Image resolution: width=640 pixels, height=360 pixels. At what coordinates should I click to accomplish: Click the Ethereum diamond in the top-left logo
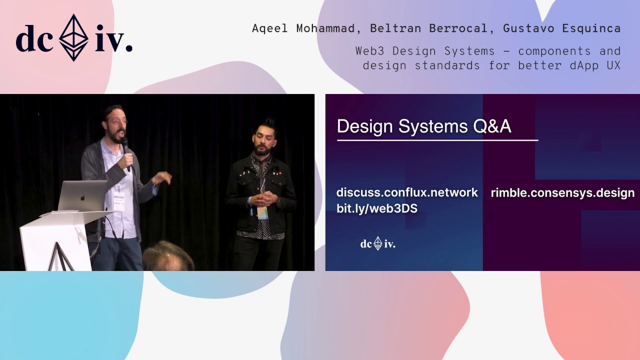74,37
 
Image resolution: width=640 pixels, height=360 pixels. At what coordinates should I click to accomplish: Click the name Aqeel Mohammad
304,28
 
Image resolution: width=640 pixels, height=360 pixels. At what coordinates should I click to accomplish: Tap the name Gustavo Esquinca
561,28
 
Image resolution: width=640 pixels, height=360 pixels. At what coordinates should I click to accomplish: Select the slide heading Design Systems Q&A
423,126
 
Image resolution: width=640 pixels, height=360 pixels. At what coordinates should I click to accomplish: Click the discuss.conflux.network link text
407,192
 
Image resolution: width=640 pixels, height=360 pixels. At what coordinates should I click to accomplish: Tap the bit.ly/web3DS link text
376,208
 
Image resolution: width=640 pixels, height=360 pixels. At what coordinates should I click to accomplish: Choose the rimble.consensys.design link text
562,192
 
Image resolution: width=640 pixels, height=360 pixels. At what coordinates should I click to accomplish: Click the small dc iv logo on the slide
377,244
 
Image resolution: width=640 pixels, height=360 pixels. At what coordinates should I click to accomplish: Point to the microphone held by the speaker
125,150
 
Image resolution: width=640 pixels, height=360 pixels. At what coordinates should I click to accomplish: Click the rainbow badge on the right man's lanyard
262,212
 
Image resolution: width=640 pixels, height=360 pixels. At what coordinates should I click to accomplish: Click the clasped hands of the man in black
264,198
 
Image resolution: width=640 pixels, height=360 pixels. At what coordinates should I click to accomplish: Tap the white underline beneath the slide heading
437,140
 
